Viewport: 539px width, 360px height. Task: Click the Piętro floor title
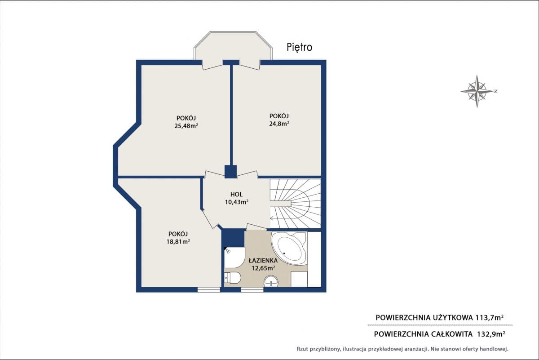(x=299, y=48)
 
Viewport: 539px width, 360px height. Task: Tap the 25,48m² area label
(x=186, y=126)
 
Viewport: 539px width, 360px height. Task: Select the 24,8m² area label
(x=279, y=124)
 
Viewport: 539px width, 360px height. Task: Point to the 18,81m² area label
(x=178, y=241)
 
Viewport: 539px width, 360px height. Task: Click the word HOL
(x=237, y=194)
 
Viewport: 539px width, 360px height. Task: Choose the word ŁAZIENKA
(x=263, y=260)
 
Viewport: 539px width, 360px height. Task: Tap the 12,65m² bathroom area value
(x=264, y=268)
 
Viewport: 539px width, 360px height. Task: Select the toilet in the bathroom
(x=232, y=278)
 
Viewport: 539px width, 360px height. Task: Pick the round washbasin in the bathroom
(x=271, y=281)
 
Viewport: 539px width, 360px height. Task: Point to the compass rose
(x=477, y=91)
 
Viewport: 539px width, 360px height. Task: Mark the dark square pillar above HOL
(x=231, y=171)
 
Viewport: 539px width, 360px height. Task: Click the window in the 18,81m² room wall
(x=209, y=290)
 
